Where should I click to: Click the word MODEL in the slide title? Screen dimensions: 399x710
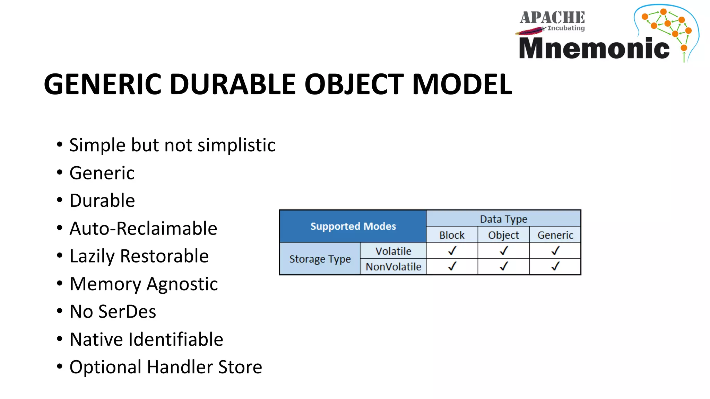click(x=462, y=84)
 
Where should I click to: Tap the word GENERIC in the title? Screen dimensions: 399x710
click(x=103, y=84)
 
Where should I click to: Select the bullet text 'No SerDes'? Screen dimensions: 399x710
click(x=113, y=311)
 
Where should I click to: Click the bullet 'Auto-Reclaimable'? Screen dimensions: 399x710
click(x=143, y=228)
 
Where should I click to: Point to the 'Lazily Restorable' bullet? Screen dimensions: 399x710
click(x=139, y=256)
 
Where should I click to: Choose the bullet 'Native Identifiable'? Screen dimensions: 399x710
click(x=146, y=339)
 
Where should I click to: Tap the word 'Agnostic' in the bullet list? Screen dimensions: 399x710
click(x=182, y=284)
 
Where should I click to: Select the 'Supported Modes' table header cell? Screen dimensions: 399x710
click(x=353, y=226)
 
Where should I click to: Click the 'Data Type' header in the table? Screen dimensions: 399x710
click(x=503, y=219)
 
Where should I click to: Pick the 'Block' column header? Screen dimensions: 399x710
click(x=452, y=235)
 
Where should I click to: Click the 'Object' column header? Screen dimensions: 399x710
click(x=503, y=235)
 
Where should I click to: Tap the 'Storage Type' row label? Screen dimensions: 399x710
click(x=320, y=259)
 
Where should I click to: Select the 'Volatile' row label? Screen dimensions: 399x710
click(x=393, y=251)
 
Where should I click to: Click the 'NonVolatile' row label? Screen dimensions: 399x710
click(x=393, y=267)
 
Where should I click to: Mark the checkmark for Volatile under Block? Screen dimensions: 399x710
click(x=452, y=250)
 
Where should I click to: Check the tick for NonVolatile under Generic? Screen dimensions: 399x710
click(x=555, y=266)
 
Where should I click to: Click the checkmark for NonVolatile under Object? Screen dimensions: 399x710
click(x=504, y=266)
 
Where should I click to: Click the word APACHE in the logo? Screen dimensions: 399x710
click(x=552, y=18)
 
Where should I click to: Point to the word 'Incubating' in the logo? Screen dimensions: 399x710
click(x=566, y=28)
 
